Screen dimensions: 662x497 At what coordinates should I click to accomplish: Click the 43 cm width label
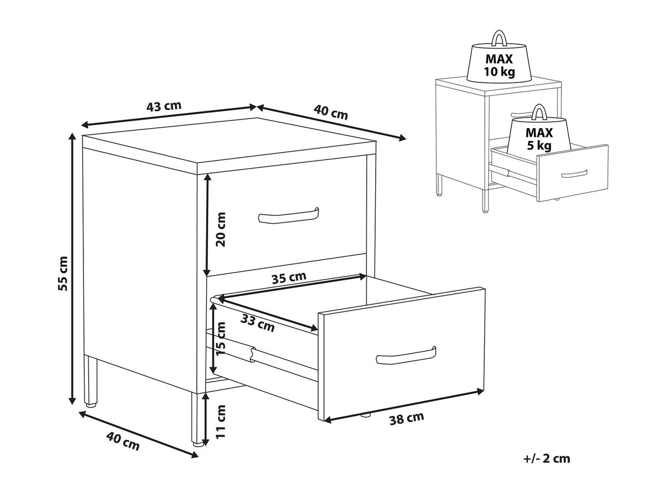pos(164,106)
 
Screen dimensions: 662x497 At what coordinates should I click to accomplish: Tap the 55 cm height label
pos(63,273)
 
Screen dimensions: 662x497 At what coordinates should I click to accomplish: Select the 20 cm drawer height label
pos(221,229)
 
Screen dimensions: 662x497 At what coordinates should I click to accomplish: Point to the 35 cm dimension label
pos(288,278)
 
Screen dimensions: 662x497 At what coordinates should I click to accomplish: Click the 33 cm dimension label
pos(257,323)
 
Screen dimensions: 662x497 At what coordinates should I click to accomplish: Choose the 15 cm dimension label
pos(221,339)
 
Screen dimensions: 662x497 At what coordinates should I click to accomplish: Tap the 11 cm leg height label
pos(221,422)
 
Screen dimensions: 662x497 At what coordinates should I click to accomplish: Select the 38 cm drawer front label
pos(406,418)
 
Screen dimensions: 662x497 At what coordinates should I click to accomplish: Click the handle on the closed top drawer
pos(288,215)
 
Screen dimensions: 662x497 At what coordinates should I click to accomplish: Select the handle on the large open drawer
pos(406,356)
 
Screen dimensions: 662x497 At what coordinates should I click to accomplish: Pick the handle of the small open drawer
pos(574,174)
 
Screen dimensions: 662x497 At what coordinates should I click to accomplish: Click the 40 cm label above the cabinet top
pos(330,112)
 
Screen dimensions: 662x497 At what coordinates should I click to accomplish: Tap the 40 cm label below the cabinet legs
pos(123,442)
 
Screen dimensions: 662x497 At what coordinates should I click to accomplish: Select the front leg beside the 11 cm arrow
pos(197,420)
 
